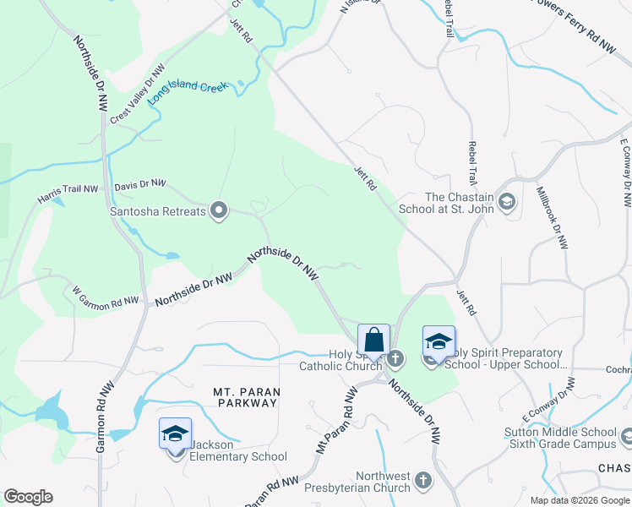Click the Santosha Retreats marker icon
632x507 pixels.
219,210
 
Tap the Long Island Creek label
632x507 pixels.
189,92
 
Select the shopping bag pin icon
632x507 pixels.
373,341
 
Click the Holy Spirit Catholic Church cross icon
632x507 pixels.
395,359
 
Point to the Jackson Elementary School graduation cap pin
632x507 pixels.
176,435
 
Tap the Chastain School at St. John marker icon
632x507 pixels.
506,201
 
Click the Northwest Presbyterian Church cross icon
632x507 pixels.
423,481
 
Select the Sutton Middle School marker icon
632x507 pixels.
626,437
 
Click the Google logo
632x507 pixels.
28,497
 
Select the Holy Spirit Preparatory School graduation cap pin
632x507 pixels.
439,343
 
